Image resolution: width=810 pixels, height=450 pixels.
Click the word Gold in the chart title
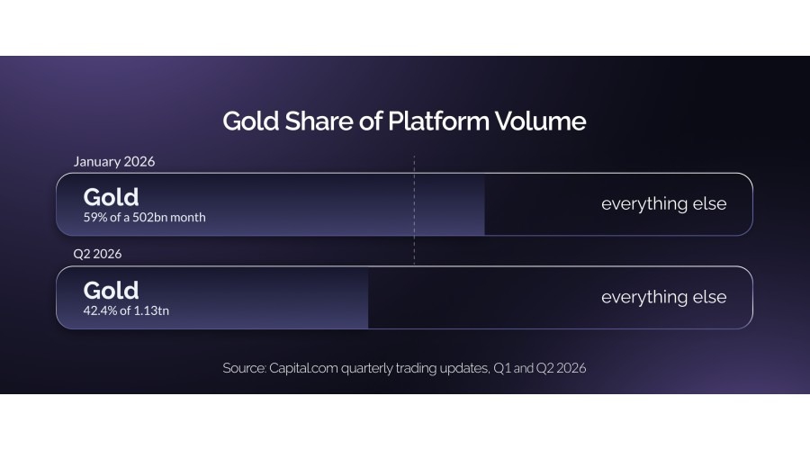[x=251, y=121]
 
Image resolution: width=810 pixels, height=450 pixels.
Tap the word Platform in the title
[x=438, y=121]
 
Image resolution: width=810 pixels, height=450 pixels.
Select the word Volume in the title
[x=540, y=121]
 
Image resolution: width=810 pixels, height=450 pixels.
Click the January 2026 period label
[x=114, y=162]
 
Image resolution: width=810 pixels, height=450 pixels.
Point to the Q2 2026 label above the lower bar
[x=97, y=254]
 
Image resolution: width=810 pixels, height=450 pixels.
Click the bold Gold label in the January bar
[x=111, y=197]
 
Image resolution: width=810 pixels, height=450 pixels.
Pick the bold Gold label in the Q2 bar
[x=111, y=291]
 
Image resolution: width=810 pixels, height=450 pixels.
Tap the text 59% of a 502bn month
[x=145, y=218]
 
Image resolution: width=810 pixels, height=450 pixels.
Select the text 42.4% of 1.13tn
[x=126, y=310]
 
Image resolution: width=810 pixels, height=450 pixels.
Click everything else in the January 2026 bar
[x=664, y=203]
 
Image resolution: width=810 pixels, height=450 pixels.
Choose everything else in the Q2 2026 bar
[x=664, y=297]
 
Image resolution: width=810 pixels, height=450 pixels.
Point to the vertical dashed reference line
[x=414, y=210]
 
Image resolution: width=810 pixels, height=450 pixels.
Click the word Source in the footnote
[x=244, y=368]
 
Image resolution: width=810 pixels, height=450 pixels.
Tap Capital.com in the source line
[x=304, y=368]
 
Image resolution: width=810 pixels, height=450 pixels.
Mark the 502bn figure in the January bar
[x=149, y=218]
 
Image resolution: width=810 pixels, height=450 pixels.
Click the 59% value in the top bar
[x=95, y=218]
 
